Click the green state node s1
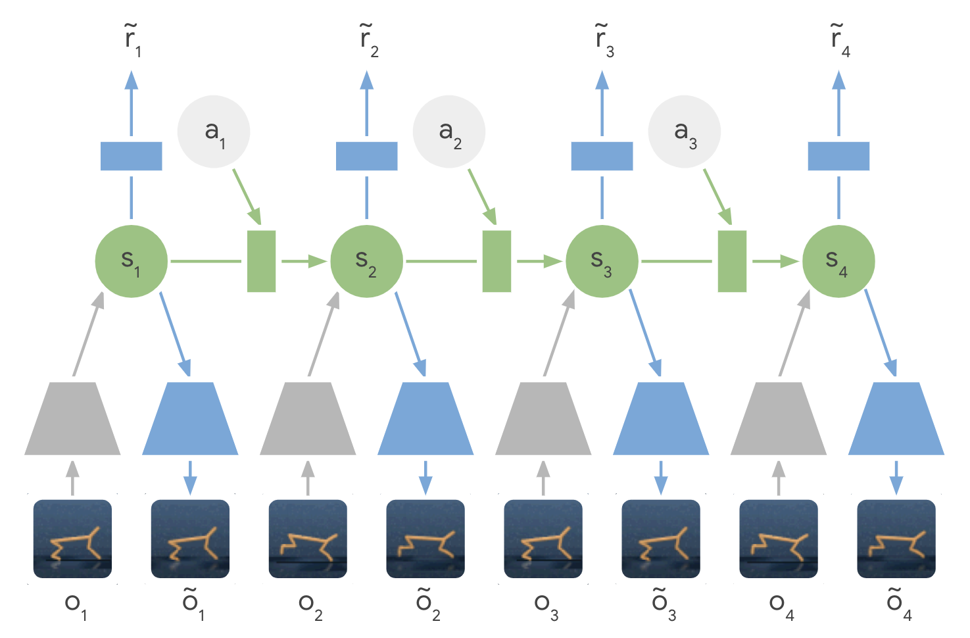click(x=132, y=261)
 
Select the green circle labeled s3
click(x=602, y=261)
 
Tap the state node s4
click(x=838, y=261)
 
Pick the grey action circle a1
click(x=214, y=132)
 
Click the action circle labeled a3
click(x=685, y=132)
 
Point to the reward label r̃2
click(x=368, y=40)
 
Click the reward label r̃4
click(x=840, y=40)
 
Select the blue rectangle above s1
click(x=132, y=156)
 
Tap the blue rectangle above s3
click(x=602, y=156)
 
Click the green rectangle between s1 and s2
click(x=261, y=261)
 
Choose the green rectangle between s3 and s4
click(x=732, y=261)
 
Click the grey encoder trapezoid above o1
click(x=72, y=419)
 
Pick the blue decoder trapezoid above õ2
click(x=425, y=419)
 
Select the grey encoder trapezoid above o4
click(x=779, y=419)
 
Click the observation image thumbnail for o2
click(x=308, y=539)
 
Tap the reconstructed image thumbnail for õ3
click(x=661, y=539)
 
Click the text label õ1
click(x=193, y=603)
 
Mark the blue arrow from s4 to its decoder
click(x=880, y=332)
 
